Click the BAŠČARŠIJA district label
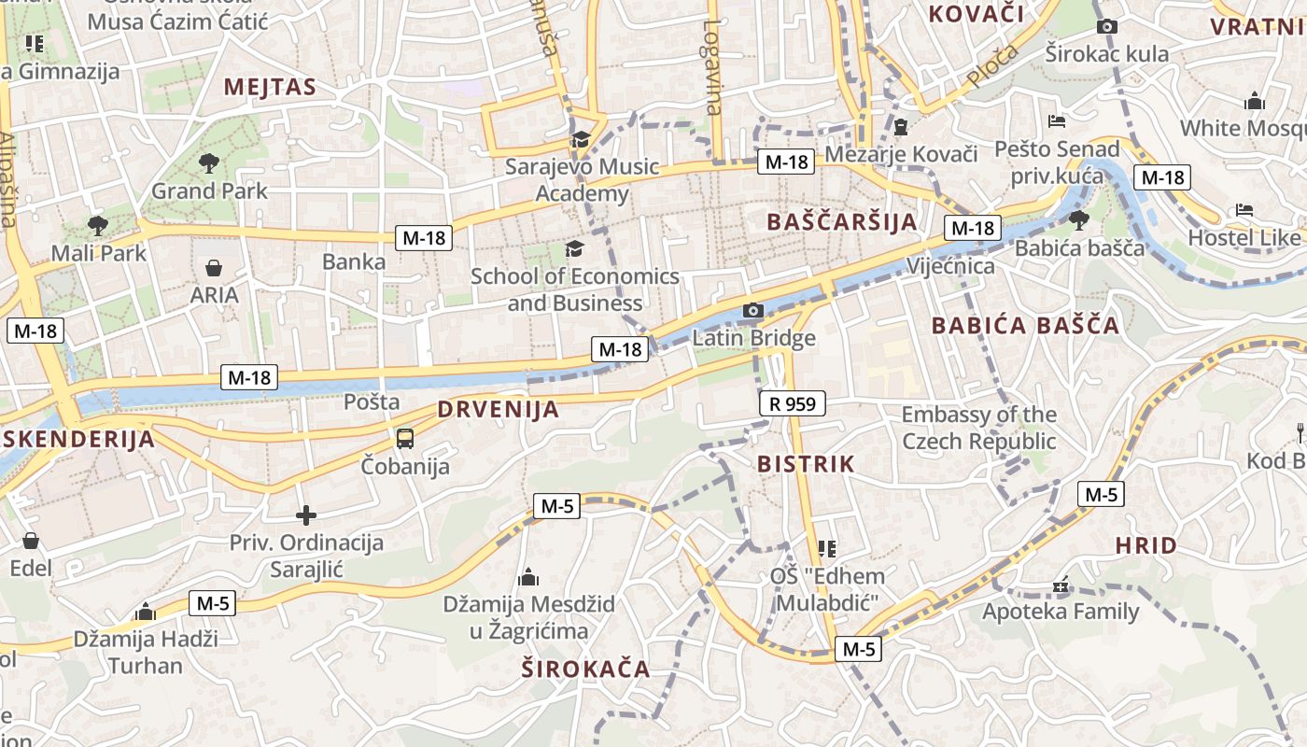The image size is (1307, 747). coord(841,221)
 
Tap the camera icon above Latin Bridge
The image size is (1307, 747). coord(753,310)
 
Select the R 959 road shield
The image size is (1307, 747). coord(793,403)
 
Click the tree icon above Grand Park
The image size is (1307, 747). coord(209,163)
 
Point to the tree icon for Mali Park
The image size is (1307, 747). coord(97,225)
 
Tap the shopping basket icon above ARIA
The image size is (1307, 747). coord(214,268)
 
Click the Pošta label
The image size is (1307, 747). coord(372,402)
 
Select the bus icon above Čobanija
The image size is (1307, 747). coord(405,438)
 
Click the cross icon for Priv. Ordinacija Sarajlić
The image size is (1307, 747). coord(306,514)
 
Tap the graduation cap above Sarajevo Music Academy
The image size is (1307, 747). coord(581,140)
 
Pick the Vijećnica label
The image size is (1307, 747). coord(950,266)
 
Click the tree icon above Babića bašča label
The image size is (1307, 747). coord(1079,220)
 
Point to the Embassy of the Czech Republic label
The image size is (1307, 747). coord(978,428)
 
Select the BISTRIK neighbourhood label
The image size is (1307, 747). coord(806,463)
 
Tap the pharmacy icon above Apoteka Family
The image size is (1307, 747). coord(1060,585)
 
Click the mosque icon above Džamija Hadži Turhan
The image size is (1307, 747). coord(145,612)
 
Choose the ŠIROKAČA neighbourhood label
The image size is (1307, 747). coord(585,669)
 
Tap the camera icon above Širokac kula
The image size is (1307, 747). coord(1106,26)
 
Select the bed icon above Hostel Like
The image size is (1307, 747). coord(1244,210)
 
